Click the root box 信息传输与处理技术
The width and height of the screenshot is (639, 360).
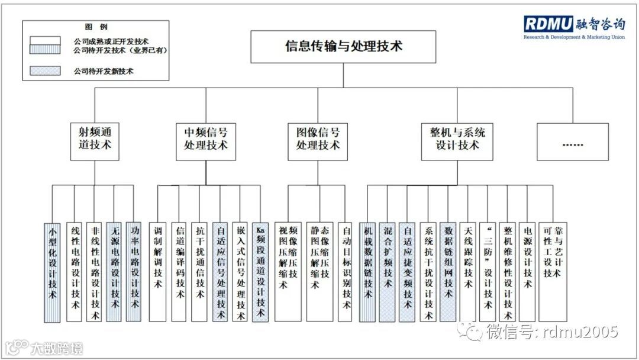pos(344,46)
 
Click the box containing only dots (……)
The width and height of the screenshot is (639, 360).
pos(573,142)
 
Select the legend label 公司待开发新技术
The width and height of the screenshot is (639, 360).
pos(104,71)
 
